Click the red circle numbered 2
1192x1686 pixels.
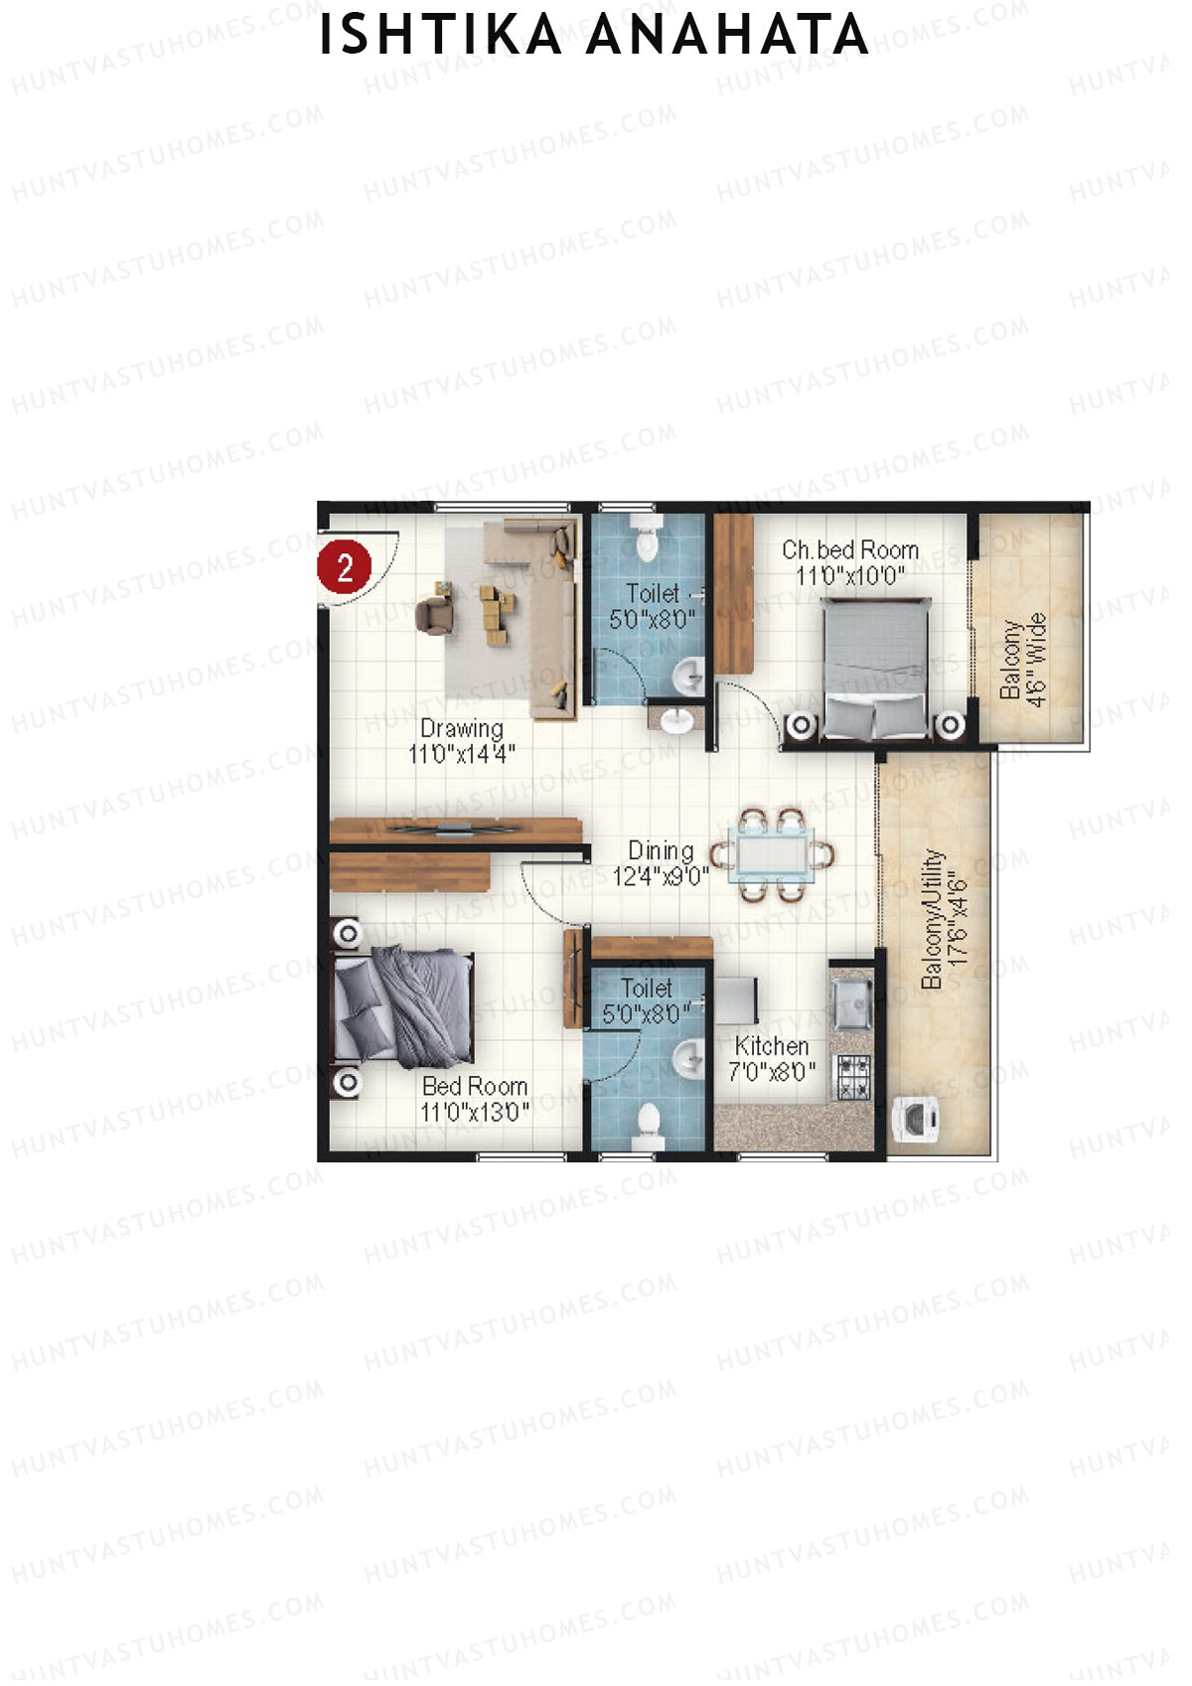pos(344,567)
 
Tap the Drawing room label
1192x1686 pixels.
pos(461,728)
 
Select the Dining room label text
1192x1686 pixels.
pos(661,851)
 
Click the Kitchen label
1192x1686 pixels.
pos(772,1046)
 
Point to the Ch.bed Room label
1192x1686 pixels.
pos(849,549)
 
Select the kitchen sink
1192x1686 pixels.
pos(852,1002)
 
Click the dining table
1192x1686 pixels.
pos(772,854)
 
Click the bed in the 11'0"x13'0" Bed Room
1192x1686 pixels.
pos(403,1007)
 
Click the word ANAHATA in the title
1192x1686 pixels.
pos(727,36)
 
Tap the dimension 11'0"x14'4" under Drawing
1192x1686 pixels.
pos(461,754)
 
